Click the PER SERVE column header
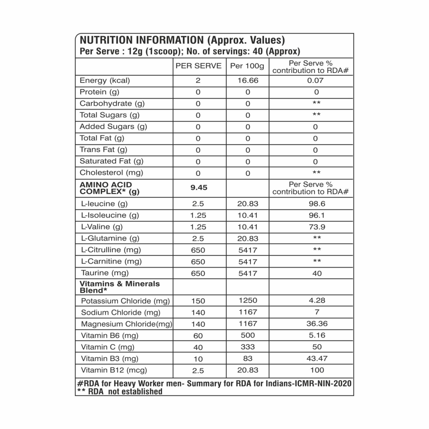click(x=198, y=66)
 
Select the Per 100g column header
click(x=247, y=66)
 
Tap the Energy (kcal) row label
click(x=105, y=80)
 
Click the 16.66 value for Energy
click(x=248, y=80)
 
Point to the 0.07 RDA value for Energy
click(x=315, y=80)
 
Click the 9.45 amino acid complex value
click(x=199, y=188)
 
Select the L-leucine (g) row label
click(x=104, y=204)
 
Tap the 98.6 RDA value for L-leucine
click(x=317, y=204)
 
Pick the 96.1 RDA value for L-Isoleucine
click(x=317, y=215)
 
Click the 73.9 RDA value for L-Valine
click(x=317, y=227)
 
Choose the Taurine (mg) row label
click(x=105, y=273)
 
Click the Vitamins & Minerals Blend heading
click(x=119, y=287)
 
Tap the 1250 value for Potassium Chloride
click(x=248, y=300)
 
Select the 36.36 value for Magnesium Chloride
click(x=317, y=323)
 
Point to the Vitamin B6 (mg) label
click(x=110, y=335)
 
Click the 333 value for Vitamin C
click(x=248, y=347)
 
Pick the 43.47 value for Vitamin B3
click(x=317, y=358)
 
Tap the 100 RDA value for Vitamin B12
click(x=317, y=370)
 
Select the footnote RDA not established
click(x=125, y=392)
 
